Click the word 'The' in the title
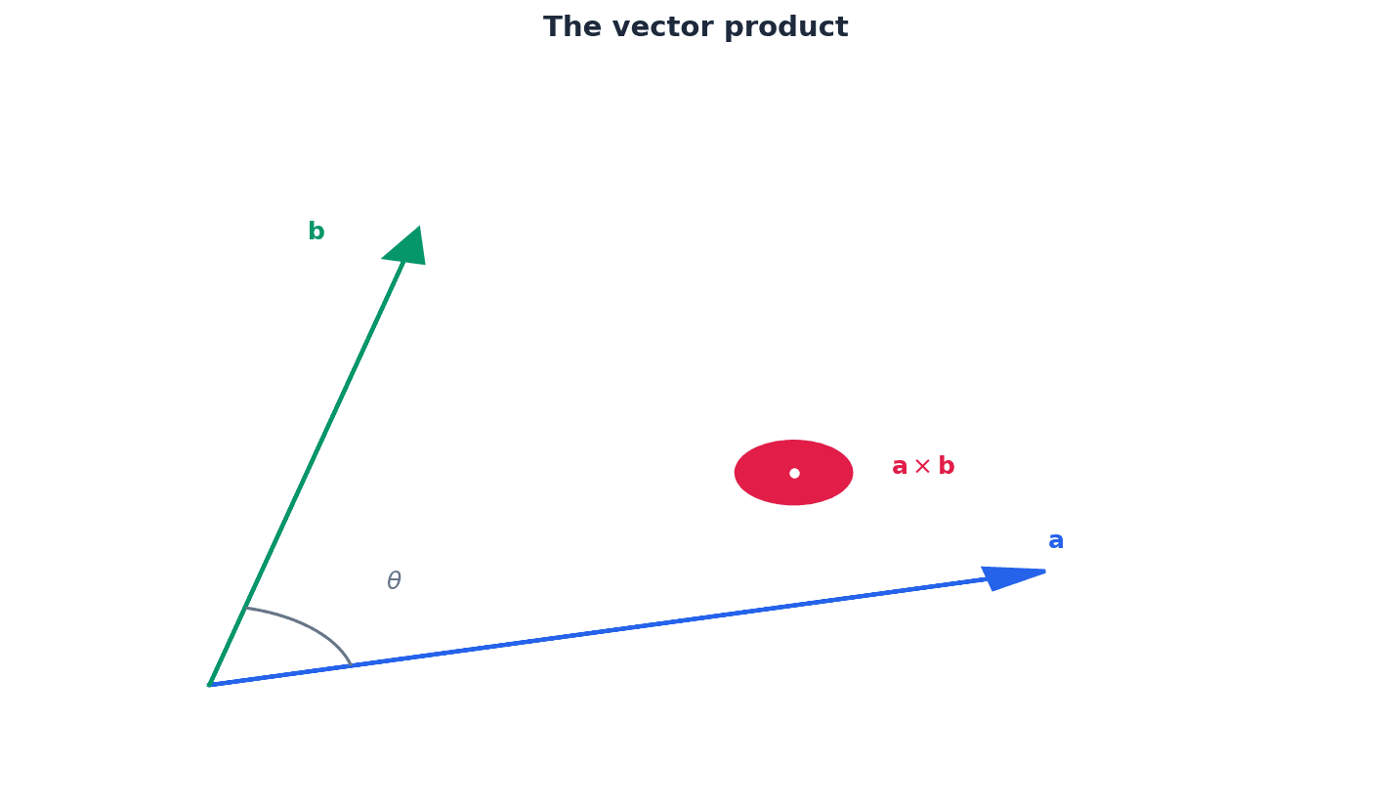tap(568, 27)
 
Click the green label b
tap(316, 233)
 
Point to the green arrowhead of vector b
tap(407, 248)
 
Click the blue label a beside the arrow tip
tap(1056, 541)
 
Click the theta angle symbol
tap(394, 581)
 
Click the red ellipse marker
tap(762, 473)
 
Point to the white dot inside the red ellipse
tap(794, 473)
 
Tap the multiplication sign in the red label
tap(922, 467)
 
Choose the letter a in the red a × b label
tap(900, 467)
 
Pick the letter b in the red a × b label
tap(946, 467)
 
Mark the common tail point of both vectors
tap(209, 685)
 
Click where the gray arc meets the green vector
tap(246, 608)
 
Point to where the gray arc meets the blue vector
tap(351, 665)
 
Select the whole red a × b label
tap(923, 467)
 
